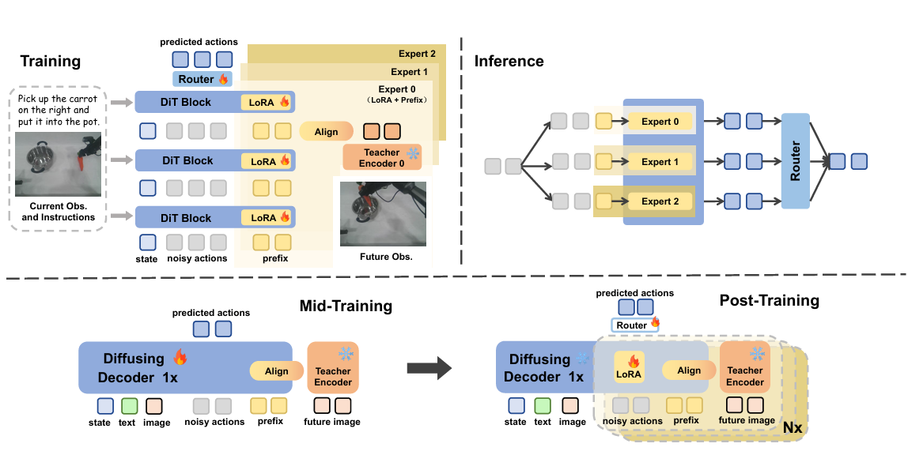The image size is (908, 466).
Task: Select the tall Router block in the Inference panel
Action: [x=796, y=161]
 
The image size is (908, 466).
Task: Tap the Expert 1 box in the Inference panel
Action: [x=660, y=162]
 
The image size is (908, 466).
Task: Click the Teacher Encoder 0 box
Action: [x=382, y=157]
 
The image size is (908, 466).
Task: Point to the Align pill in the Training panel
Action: [x=326, y=132]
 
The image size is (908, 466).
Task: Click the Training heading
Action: [x=51, y=61]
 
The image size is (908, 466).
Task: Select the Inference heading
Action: [x=509, y=61]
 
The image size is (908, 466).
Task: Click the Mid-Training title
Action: [x=346, y=306]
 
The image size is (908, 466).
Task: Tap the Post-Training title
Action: [x=769, y=300]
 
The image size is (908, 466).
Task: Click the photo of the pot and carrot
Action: [x=59, y=163]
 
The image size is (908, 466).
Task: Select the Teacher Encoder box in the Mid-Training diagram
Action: [x=333, y=367]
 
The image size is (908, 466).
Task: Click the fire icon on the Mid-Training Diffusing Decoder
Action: [x=180, y=358]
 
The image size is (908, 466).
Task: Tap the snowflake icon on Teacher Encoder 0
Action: [x=411, y=152]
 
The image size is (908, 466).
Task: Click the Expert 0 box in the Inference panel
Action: [x=660, y=122]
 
